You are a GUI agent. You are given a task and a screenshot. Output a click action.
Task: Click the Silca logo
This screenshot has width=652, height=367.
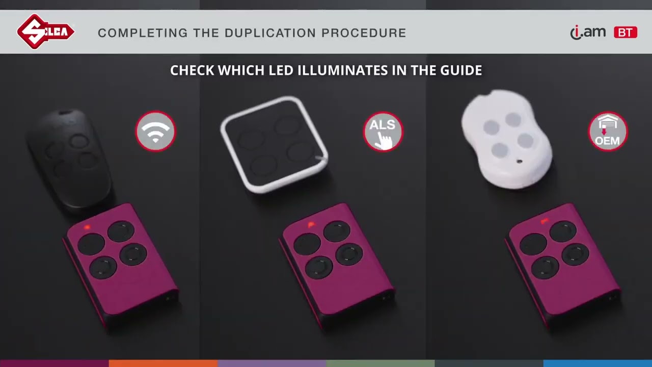[x=46, y=32]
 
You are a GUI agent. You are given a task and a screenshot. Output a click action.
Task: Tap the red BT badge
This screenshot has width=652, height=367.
[x=626, y=32]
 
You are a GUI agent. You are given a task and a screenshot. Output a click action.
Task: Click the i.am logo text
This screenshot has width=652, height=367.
[x=588, y=32]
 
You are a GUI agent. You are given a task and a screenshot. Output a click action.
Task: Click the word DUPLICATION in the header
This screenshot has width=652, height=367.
[x=270, y=33]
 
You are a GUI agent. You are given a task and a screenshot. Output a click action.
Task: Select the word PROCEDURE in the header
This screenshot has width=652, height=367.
[x=364, y=33]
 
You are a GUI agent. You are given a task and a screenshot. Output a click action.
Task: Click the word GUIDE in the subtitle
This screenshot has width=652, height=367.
[x=461, y=70]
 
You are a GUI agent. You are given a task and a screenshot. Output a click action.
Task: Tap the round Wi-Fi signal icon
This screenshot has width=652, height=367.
[x=155, y=131]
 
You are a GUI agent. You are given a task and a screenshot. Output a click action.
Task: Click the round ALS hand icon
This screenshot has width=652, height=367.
[x=383, y=132]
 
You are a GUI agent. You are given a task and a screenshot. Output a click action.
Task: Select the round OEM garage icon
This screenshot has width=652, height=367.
[x=608, y=132]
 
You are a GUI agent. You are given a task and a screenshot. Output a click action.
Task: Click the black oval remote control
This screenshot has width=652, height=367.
[x=70, y=160]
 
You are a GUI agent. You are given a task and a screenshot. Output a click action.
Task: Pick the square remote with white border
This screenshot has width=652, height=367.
[x=275, y=144]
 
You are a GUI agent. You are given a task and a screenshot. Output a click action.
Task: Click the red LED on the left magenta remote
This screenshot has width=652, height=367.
[x=87, y=227]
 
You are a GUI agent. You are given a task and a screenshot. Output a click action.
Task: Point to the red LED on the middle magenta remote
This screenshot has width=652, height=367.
[x=311, y=225]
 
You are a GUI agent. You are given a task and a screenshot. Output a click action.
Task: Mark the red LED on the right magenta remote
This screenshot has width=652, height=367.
[x=544, y=222]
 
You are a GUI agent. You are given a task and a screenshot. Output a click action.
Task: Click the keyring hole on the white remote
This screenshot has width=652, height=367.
[x=519, y=161]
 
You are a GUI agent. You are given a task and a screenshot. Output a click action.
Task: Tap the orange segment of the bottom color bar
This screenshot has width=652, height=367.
[x=163, y=363]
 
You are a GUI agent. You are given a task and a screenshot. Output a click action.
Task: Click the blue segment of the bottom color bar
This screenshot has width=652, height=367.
[x=597, y=363]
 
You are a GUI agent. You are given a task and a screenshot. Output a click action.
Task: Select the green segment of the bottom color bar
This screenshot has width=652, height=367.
[x=381, y=363]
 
